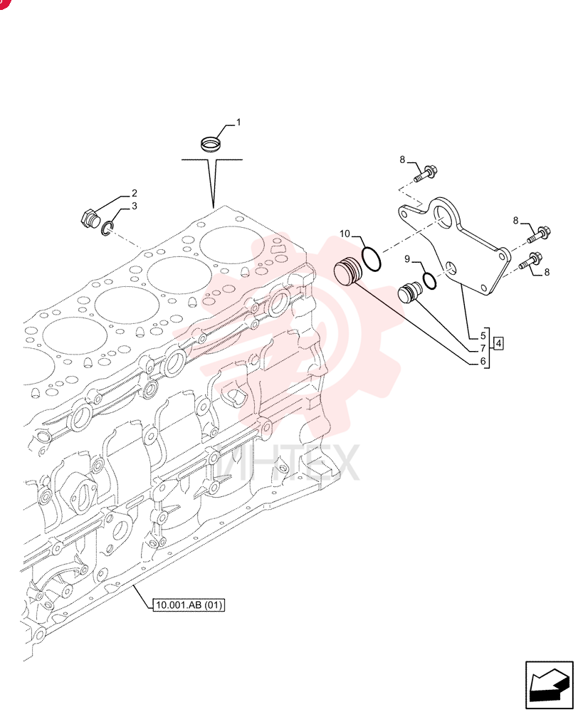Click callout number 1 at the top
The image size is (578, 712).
click(x=239, y=122)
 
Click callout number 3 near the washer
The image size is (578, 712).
click(x=135, y=206)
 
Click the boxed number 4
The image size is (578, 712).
click(x=498, y=343)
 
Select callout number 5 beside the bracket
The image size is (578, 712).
click(x=483, y=336)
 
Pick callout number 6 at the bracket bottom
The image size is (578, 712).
click(x=483, y=362)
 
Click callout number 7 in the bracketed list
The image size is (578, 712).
click(x=483, y=349)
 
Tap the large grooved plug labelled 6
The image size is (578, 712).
click(x=348, y=272)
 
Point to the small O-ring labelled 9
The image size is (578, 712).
click(x=429, y=281)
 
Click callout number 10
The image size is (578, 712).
click(x=345, y=234)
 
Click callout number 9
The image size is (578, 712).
click(x=407, y=259)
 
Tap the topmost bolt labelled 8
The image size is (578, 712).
click(x=425, y=174)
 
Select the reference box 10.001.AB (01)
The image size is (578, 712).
click(x=189, y=604)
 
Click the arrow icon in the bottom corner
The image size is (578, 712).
click(x=549, y=685)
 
